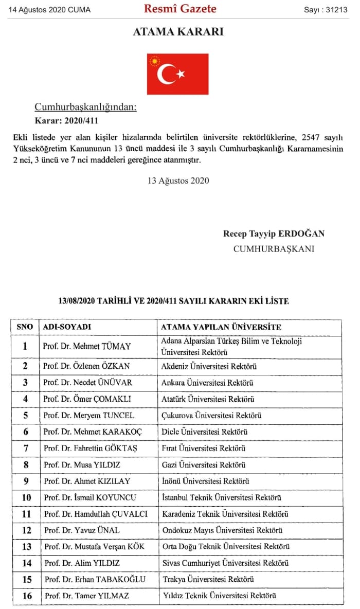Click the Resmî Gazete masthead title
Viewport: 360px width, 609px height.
click(180, 9)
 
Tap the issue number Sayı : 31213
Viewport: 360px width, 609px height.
click(326, 9)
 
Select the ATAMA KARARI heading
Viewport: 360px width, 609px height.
click(178, 31)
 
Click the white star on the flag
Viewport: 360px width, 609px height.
click(181, 74)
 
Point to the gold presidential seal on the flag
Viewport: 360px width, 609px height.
click(154, 62)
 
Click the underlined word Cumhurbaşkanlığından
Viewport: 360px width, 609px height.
click(85, 108)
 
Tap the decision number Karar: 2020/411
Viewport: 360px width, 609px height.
click(66, 121)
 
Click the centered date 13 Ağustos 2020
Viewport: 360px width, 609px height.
click(178, 181)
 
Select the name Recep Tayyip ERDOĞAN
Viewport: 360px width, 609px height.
click(274, 234)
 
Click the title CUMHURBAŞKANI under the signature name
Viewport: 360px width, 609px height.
click(274, 249)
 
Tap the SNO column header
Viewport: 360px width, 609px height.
click(25, 327)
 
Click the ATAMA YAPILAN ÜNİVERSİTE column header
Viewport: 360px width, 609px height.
click(221, 327)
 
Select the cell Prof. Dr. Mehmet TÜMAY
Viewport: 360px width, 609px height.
click(87, 346)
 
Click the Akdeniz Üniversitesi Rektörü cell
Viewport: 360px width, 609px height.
click(209, 366)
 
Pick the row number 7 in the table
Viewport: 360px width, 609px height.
click(25, 449)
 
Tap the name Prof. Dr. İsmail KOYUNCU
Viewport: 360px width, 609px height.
click(91, 497)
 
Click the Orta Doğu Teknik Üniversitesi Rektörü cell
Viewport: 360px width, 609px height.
click(225, 547)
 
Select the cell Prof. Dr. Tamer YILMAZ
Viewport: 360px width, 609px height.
click(86, 596)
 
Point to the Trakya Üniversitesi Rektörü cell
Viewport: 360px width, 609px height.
click(208, 579)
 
